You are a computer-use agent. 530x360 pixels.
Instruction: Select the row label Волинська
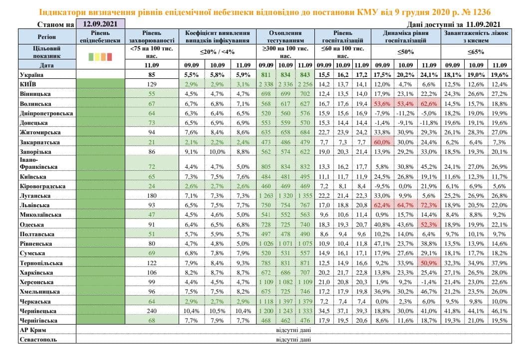35,103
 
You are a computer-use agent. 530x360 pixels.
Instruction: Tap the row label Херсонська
37,282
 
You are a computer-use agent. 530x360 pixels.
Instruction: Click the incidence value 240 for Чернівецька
151,311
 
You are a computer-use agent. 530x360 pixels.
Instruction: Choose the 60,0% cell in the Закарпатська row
382,142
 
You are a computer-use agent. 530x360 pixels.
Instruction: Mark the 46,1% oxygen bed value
498,311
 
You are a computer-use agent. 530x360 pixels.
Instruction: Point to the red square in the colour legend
109,56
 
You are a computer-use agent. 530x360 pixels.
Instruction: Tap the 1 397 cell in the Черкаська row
284,301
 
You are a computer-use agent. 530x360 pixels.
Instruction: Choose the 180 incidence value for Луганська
151,196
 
